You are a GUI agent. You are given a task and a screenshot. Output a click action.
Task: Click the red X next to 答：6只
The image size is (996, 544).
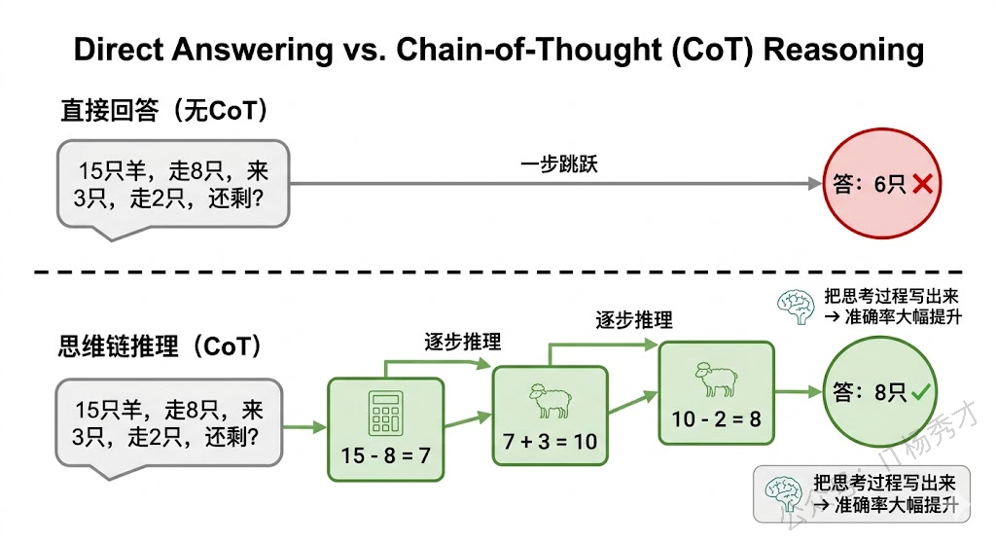click(923, 184)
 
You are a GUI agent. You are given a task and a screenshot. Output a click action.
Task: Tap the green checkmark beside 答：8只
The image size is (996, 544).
click(921, 393)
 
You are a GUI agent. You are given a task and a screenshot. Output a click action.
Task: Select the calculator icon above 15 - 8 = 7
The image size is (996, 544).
click(385, 414)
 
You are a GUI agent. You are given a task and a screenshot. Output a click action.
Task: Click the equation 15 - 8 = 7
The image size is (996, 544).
click(385, 455)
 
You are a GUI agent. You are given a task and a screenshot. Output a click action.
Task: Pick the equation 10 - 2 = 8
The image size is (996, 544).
click(716, 418)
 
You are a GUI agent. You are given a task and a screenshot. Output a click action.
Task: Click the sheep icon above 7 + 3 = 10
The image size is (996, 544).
click(550, 400)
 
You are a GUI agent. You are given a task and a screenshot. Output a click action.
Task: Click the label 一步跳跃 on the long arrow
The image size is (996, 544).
click(559, 164)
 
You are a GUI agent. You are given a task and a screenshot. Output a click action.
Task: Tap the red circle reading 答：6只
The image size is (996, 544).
click(871, 184)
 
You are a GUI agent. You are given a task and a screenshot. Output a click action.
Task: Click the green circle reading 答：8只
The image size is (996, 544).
click(871, 393)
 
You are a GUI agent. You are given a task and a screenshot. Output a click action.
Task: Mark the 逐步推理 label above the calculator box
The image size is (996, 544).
click(463, 342)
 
